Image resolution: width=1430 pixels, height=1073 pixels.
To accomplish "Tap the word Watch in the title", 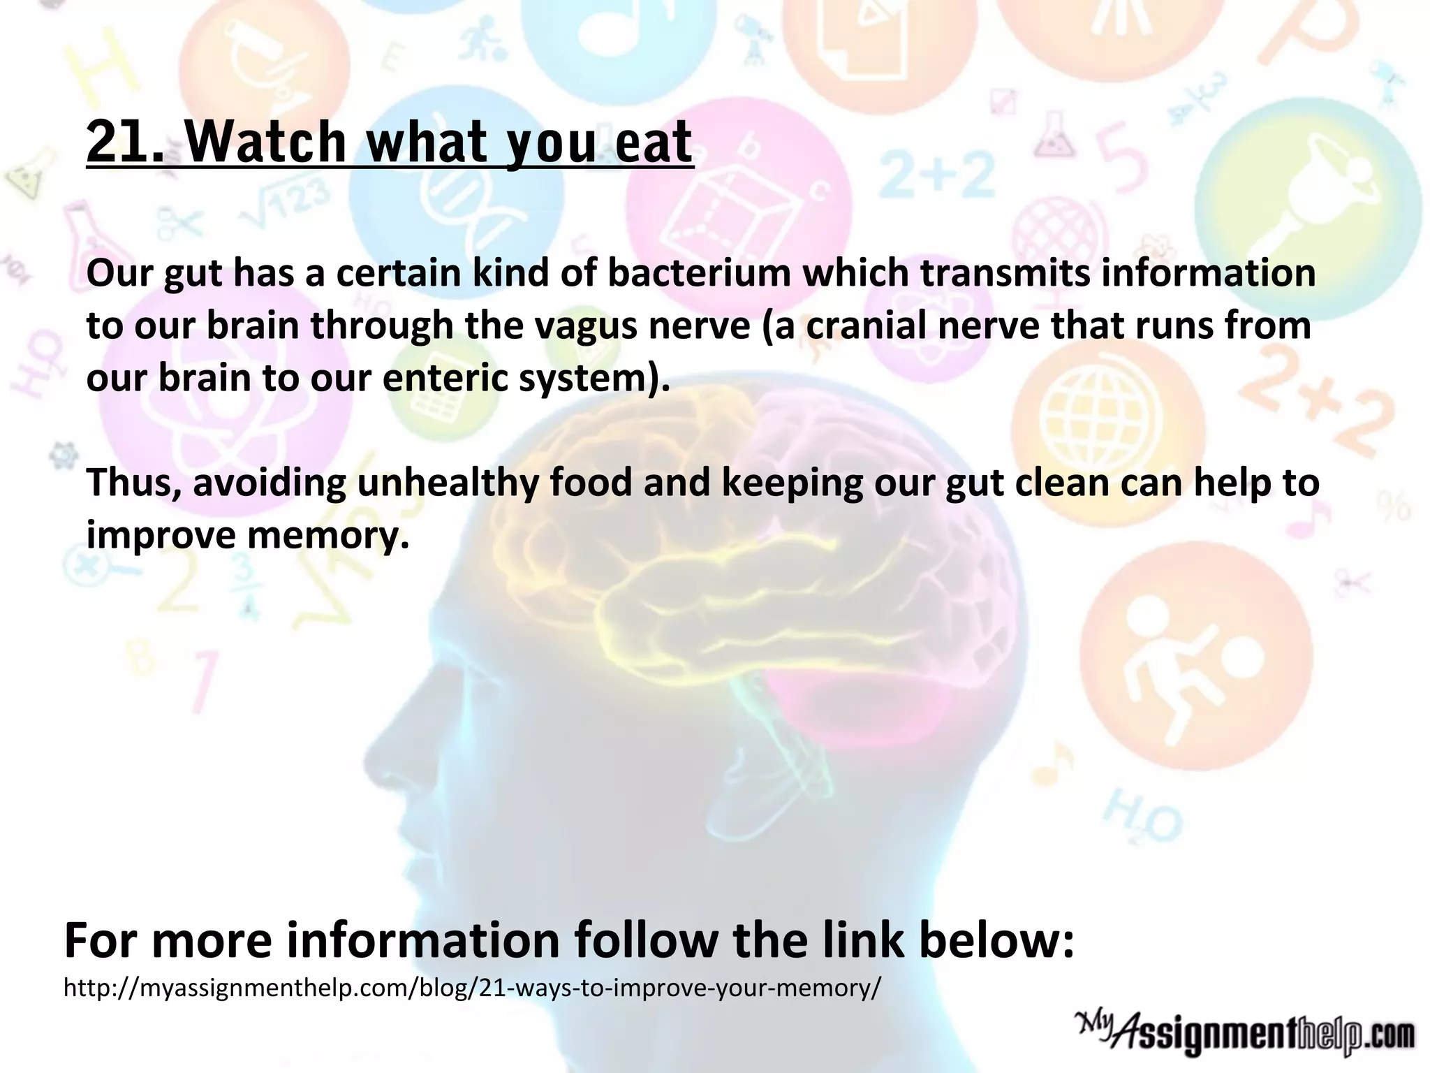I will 266,143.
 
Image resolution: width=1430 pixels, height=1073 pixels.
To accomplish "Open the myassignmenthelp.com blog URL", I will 472,988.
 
